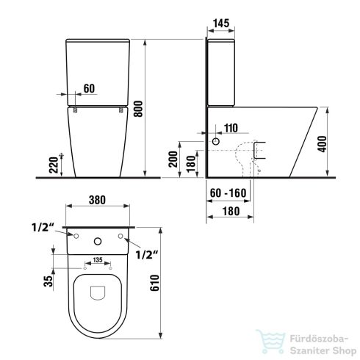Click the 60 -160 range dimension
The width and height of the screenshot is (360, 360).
(227, 192)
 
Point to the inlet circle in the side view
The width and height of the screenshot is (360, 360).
(217, 140)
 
